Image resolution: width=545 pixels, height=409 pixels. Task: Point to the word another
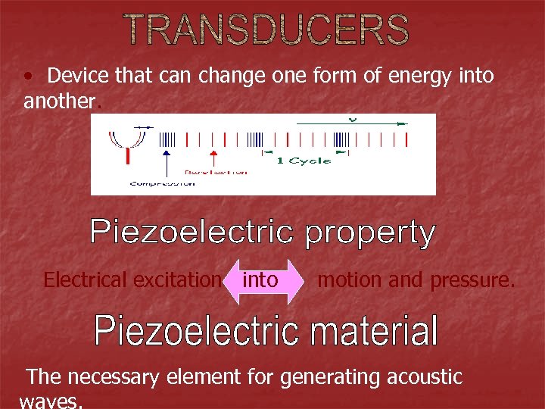(x=60, y=101)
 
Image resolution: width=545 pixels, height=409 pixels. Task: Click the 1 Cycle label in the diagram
(x=304, y=161)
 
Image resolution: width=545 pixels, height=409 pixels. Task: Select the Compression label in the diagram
(x=160, y=183)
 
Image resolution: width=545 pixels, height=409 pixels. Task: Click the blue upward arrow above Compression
(x=166, y=162)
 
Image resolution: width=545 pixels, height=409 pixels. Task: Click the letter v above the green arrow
(x=351, y=119)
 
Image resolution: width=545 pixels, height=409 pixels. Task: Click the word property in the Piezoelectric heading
(x=370, y=233)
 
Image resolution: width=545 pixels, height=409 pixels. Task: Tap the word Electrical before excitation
(x=85, y=280)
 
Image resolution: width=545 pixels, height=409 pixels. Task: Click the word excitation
(x=177, y=280)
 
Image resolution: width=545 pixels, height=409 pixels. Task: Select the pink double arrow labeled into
(x=260, y=281)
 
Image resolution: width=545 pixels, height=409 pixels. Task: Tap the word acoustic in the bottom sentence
(x=423, y=376)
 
